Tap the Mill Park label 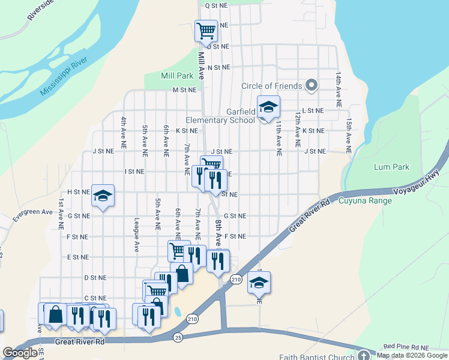click(177, 76)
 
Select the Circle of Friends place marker click(311, 86)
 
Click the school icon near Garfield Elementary click(268, 107)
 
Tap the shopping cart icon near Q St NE click(206, 29)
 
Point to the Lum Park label click(391, 167)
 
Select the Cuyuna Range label click(365, 200)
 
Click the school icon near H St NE click(103, 196)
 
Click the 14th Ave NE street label click(339, 90)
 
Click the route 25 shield click(178, 338)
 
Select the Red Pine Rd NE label click(406, 347)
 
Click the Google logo click(20, 353)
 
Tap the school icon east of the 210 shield click(259, 282)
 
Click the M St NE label click(184, 90)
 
